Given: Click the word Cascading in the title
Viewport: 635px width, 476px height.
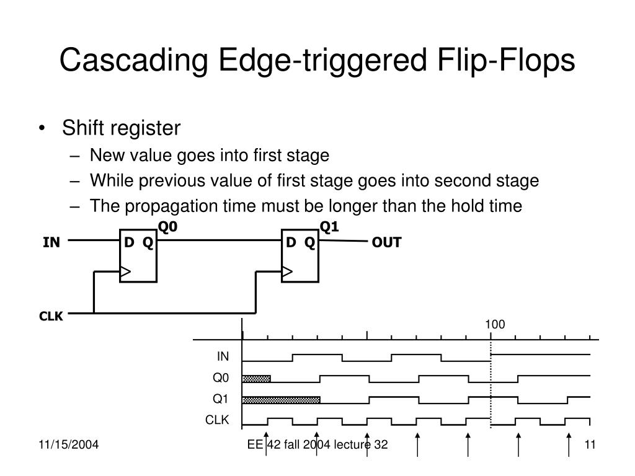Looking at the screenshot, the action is [x=134, y=61].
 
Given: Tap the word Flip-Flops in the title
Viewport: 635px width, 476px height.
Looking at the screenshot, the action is [x=506, y=60].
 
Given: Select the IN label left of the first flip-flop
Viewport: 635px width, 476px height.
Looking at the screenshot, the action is [x=51, y=242].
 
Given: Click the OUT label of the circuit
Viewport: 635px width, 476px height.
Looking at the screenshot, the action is [x=387, y=242].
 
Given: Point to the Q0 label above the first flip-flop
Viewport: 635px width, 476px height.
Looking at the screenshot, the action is [x=167, y=227].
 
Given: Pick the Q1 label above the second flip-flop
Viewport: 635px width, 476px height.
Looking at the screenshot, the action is [x=329, y=227].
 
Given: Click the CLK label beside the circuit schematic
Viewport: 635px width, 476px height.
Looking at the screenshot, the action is [x=51, y=316].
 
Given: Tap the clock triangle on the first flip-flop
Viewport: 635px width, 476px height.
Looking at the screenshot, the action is [x=125, y=271].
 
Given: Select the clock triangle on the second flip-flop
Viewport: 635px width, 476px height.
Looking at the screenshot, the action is [x=287, y=271].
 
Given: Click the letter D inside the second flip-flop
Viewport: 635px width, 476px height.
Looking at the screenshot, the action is [x=291, y=242].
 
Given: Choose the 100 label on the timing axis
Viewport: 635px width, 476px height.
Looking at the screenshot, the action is [x=495, y=324].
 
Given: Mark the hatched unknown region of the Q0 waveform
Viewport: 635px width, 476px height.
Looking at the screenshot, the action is [x=256, y=379].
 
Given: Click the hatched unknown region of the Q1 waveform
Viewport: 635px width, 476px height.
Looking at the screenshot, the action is [x=281, y=400].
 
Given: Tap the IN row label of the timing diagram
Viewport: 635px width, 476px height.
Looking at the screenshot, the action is [x=223, y=356].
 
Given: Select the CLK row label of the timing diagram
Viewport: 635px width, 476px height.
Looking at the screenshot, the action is [x=217, y=420].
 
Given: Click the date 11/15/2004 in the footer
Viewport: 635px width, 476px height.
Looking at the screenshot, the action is [x=68, y=444].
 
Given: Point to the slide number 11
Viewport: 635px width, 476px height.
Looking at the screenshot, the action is [x=590, y=444].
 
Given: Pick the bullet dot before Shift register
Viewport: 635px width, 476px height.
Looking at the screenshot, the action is [x=42, y=128].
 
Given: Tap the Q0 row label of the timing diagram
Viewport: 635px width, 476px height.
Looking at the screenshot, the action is [x=221, y=377].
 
